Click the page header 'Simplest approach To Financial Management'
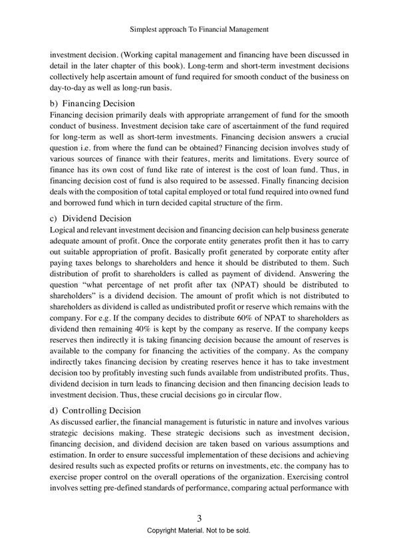coord(199,29)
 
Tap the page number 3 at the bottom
coord(199,517)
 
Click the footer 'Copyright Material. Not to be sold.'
coord(199,531)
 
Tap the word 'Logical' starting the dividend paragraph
coord(64,230)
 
